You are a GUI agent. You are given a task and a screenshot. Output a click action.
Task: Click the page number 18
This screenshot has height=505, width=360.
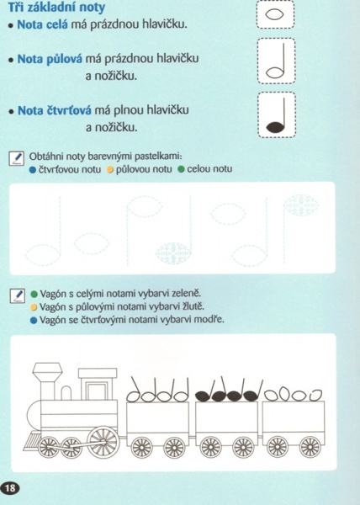click(10, 488)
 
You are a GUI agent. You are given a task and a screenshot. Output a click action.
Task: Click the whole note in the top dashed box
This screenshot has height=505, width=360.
click(275, 14)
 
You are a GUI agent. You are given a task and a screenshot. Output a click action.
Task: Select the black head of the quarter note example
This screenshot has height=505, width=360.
click(276, 127)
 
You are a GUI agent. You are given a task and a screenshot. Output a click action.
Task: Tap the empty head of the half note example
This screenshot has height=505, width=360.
click(275, 72)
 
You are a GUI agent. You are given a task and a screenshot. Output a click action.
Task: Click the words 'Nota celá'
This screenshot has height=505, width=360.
click(42, 24)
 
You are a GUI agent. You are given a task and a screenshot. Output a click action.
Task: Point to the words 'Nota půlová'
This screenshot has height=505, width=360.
click(50, 59)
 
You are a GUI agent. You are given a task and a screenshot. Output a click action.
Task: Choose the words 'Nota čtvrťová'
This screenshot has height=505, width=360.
click(55, 110)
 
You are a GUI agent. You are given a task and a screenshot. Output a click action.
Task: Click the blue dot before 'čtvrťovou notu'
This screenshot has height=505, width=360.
click(33, 169)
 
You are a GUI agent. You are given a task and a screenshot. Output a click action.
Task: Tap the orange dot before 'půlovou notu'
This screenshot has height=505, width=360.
click(110, 169)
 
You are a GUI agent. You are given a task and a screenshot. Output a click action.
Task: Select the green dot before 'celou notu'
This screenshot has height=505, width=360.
click(181, 169)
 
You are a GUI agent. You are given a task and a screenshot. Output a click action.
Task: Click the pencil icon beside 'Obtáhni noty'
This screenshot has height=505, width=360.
click(17, 158)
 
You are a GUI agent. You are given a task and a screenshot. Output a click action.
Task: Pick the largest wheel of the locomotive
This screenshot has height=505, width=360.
click(103, 442)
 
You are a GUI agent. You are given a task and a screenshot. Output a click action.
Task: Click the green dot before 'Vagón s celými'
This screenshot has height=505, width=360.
click(34, 294)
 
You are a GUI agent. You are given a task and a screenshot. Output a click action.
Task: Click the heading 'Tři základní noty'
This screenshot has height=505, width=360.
click(56, 7)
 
